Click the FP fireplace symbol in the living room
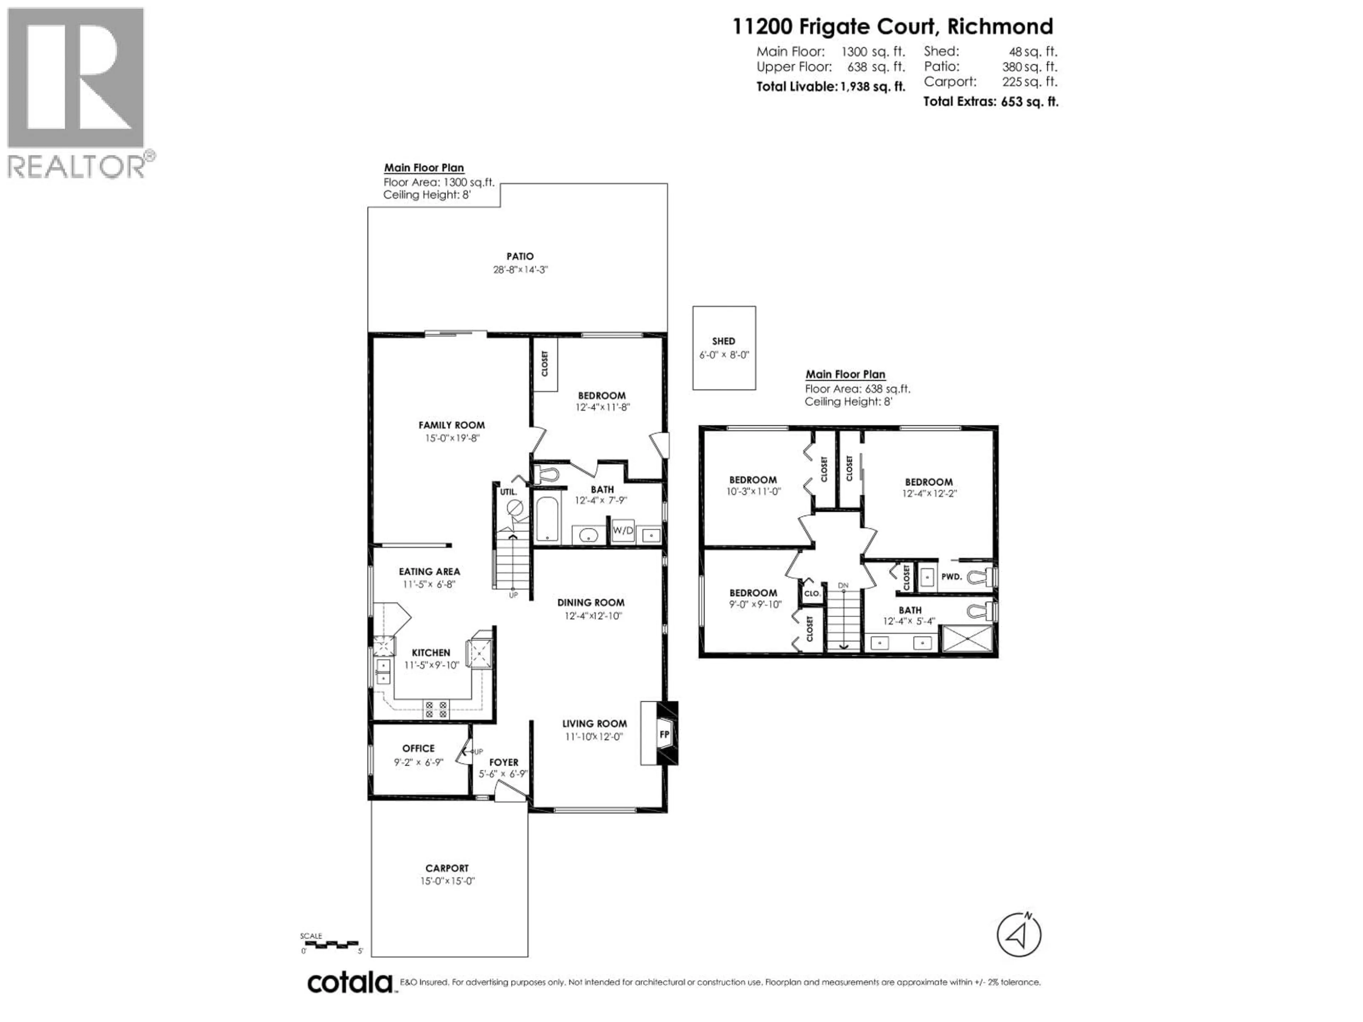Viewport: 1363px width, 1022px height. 664,734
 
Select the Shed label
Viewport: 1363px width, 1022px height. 723,341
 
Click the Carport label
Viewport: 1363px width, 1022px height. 447,868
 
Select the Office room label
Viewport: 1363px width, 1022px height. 418,748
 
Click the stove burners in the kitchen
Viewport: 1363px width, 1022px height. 436,709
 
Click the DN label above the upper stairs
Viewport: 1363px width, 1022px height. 843,585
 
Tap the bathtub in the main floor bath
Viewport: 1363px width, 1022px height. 548,519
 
